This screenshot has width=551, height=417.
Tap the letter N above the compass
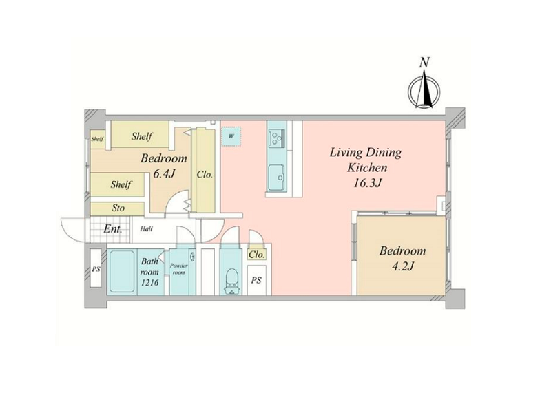424,63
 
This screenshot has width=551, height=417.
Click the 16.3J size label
368,183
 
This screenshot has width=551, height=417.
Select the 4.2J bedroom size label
403,266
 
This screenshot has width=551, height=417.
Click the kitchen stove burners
277,137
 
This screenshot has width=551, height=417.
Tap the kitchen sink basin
277,178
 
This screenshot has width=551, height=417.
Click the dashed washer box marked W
231,136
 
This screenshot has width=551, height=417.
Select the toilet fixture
231,281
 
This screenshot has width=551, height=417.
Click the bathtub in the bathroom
122,271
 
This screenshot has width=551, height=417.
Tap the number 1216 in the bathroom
149,282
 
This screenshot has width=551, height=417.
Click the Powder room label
179,269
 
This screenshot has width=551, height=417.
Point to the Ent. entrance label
113,230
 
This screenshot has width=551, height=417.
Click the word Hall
146,229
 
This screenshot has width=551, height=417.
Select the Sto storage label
118,208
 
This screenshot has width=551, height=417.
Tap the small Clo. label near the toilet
257,255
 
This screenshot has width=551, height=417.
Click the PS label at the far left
96,270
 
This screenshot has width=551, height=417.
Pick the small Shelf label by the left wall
97,139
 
